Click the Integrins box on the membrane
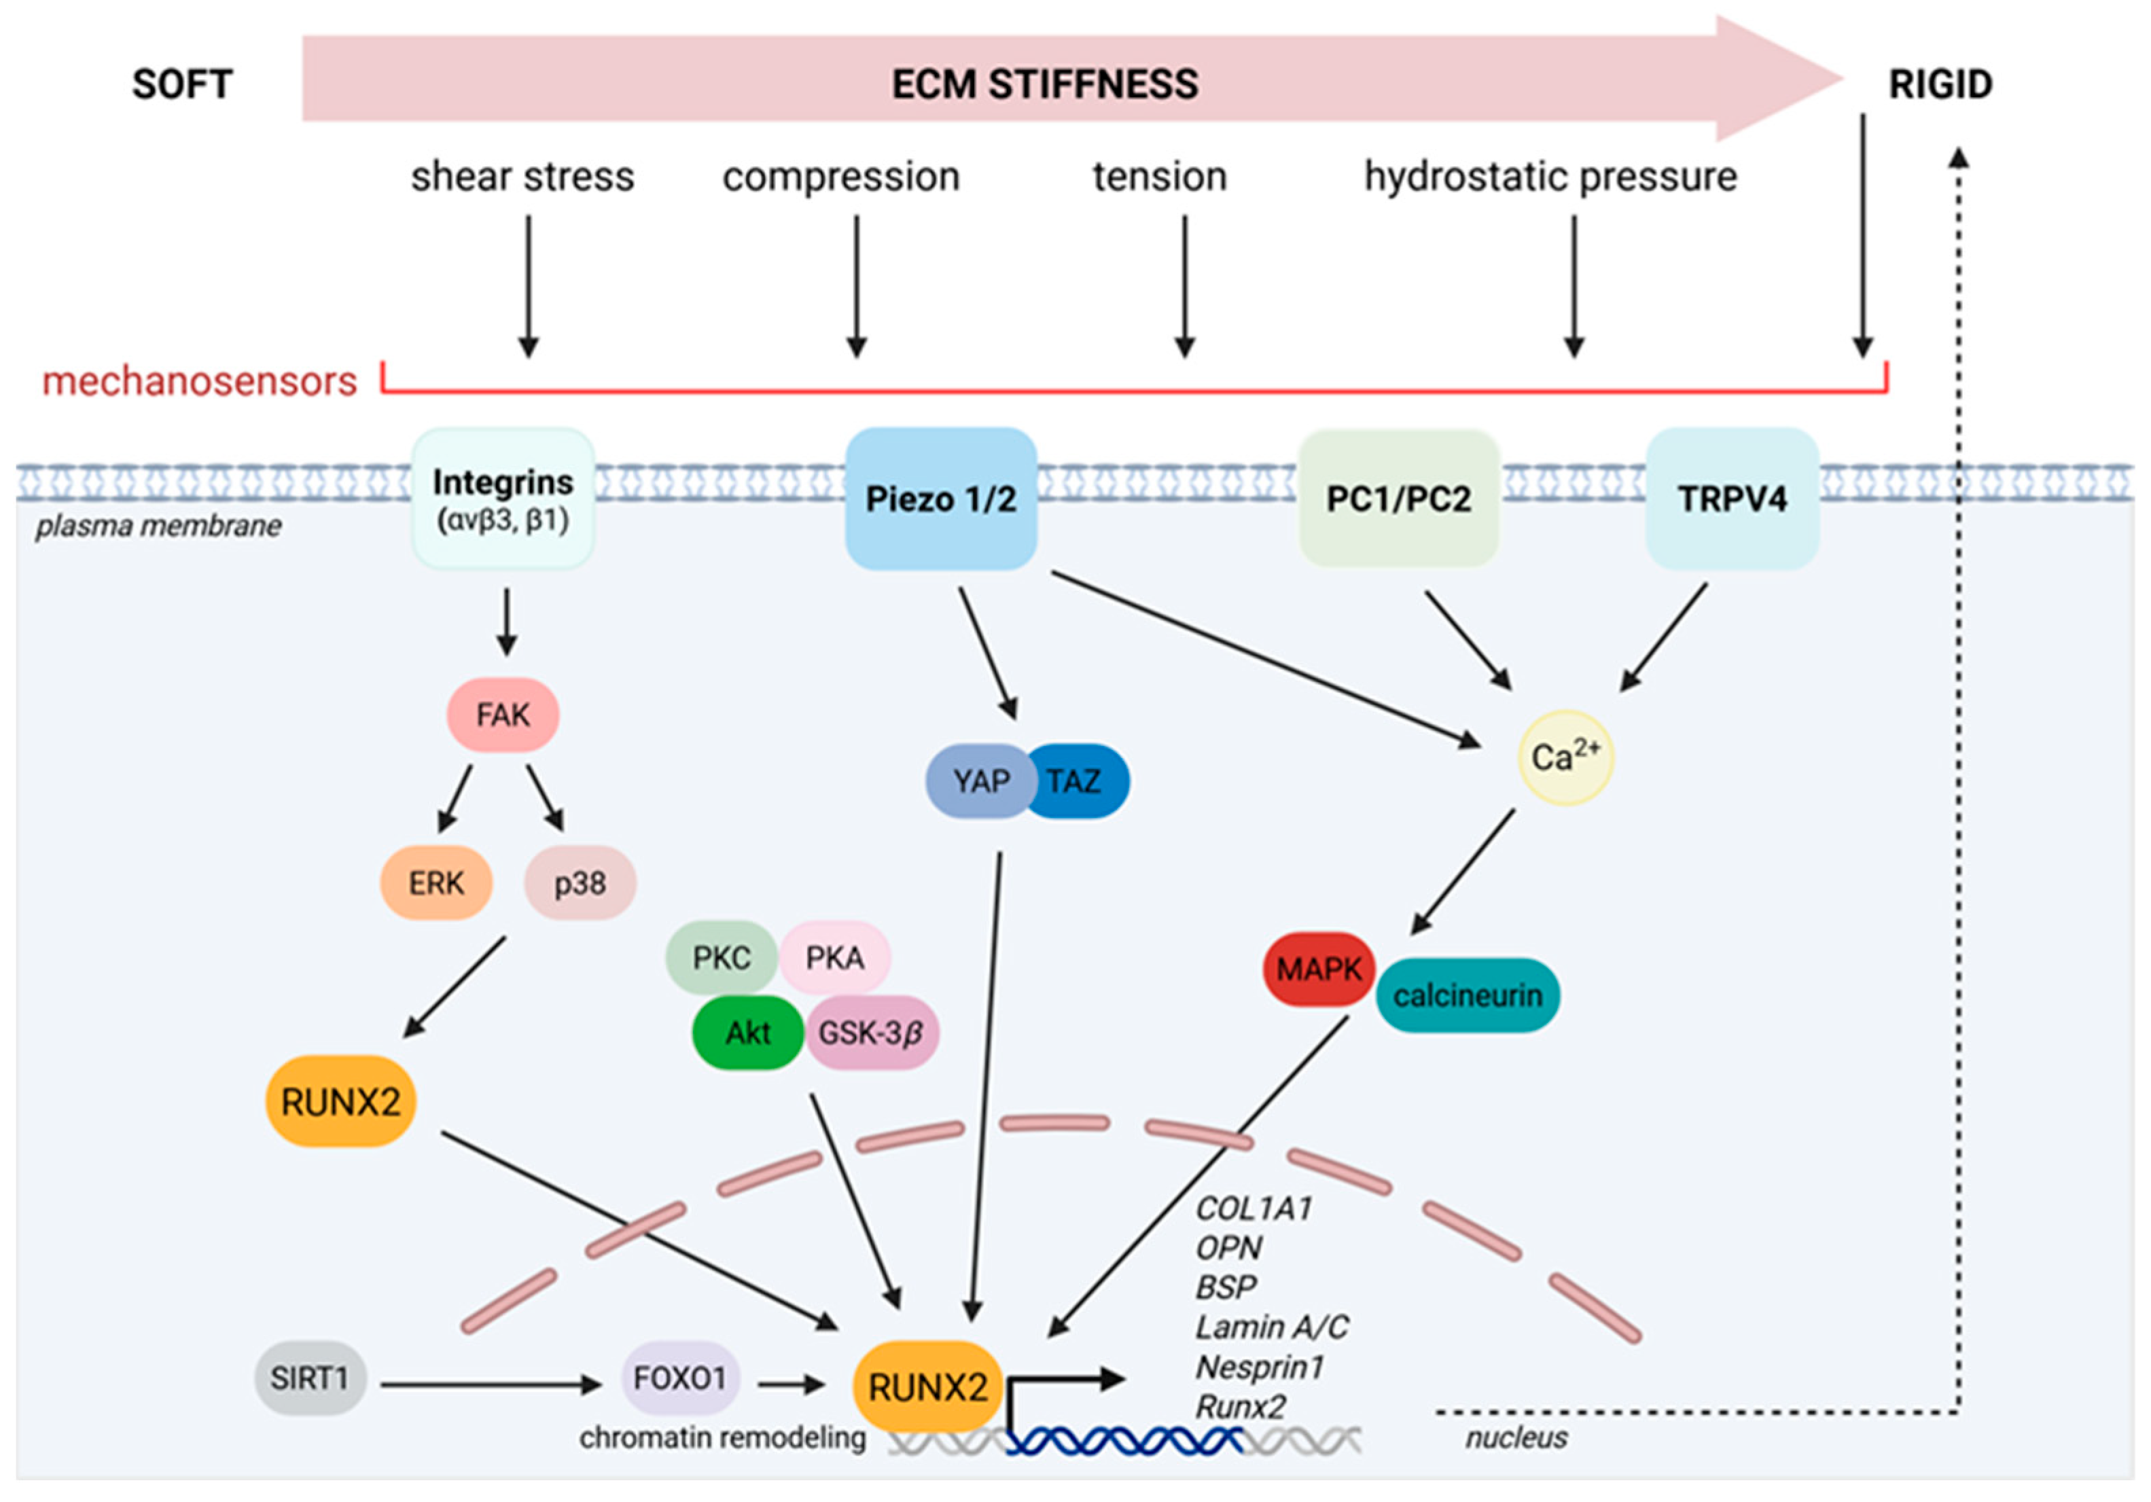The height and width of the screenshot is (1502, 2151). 503,499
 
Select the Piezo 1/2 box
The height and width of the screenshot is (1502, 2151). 940,499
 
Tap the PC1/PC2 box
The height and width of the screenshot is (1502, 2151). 1398,499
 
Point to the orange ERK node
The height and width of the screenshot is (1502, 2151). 435,882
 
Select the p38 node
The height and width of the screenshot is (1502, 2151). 580,882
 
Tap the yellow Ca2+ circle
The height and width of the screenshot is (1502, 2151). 1565,757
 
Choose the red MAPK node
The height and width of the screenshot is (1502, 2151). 1318,969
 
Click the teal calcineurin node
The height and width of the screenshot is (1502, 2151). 1467,995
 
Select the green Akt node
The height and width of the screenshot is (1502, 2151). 747,1033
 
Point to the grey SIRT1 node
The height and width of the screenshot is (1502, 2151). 309,1378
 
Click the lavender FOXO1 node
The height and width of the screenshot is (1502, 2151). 680,1378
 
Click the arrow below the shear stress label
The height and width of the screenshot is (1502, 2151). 529,286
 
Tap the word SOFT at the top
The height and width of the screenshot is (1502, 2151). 182,84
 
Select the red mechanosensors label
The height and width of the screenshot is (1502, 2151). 200,381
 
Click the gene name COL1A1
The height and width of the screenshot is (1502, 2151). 1254,1209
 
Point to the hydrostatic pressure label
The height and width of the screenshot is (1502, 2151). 1550,176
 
